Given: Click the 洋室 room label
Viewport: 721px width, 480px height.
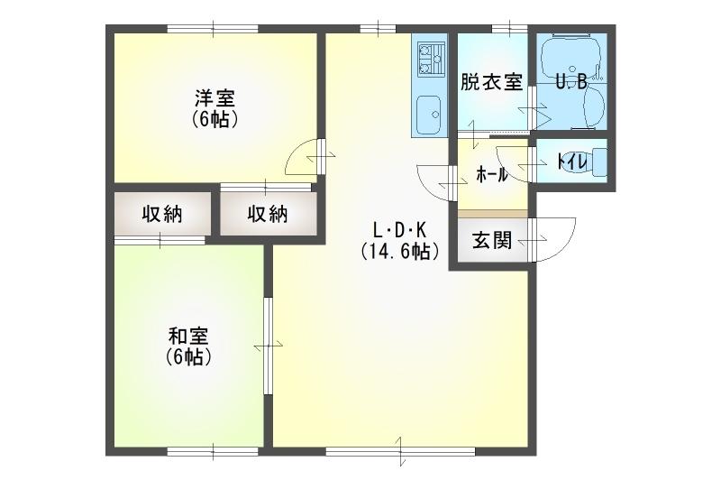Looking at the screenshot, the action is (x=214, y=97).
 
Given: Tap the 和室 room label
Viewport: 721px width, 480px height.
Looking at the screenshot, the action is (x=188, y=336).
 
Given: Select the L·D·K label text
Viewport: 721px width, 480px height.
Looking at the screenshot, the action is (x=399, y=229).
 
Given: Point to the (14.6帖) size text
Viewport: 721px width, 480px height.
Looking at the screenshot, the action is (x=399, y=251).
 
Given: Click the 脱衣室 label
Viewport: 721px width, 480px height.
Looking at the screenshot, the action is (x=491, y=82).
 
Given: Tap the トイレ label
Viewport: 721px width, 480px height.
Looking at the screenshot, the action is (x=572, y=162).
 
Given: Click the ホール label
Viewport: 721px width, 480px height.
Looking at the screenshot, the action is (x=491, y=175).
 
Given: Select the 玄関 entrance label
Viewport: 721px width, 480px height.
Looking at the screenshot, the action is (x=491, y=240).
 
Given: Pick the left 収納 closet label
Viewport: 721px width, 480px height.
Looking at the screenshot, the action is (x=162, y=214).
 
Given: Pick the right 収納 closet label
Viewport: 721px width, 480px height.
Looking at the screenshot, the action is (x=268, y=214).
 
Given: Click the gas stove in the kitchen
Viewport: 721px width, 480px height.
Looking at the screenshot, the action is (x=431, y=59).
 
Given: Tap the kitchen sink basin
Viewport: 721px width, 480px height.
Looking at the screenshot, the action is (x=429, y=115).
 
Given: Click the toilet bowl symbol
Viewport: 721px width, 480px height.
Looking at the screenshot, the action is (x=589, y=162).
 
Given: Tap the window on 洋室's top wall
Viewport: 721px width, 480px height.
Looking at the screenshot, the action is (x=213, y=29).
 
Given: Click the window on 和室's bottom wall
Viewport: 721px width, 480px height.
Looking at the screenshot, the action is (x=213, y=451).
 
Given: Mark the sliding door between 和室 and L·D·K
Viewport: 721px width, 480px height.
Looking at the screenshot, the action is (x=268, y=346).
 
